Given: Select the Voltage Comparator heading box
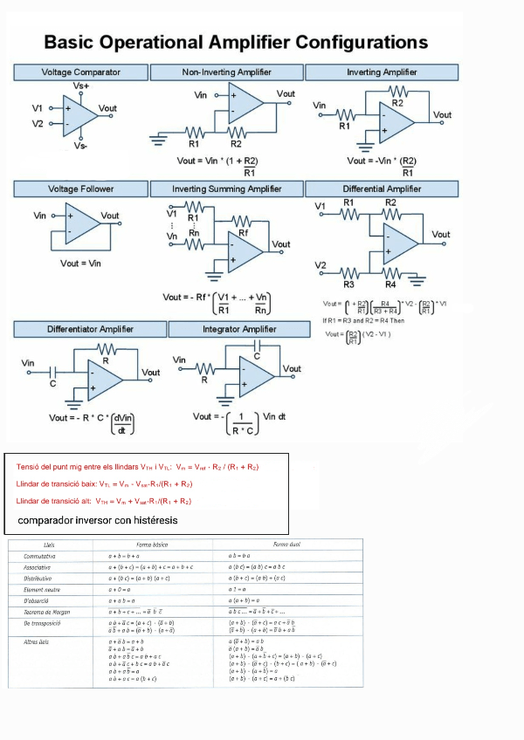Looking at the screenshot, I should pos(81,72).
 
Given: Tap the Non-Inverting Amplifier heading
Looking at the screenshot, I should pos(226,72).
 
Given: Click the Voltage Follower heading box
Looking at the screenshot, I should pos(80,188).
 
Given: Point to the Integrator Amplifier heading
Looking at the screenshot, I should pos(239,329).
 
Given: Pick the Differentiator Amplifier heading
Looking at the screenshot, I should pos(90,329).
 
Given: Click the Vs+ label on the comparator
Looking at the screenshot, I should pos(80,86).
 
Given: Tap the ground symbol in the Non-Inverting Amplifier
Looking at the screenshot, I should pos(159,137).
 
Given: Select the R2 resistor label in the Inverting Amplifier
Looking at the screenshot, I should pos(397,103).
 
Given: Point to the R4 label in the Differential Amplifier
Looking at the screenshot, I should pos(390,284).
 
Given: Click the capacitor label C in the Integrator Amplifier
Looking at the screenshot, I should pos(257,356).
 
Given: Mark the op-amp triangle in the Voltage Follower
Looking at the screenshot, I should pos(83,224).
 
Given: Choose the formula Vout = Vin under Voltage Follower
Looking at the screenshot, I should pos(80,263).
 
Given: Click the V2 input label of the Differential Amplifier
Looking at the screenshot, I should pos(321,265).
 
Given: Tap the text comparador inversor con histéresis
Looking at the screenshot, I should pos(97,520).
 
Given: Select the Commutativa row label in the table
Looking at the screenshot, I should pos(40,555).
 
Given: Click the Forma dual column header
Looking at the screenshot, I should pos(287,544).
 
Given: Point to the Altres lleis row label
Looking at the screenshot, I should pos(38,641).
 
